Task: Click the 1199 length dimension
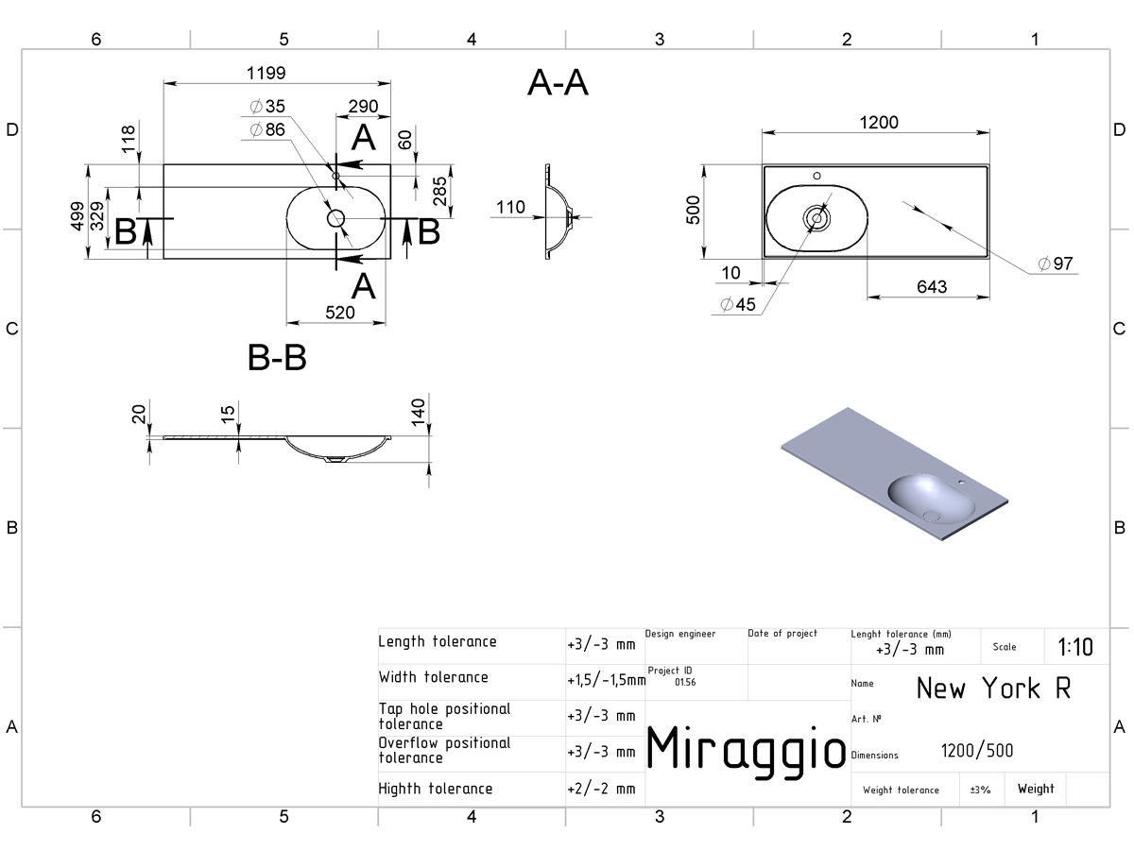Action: (x=266, y=74)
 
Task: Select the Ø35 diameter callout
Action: (x=267, y=107)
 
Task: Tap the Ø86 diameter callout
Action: (x=267, y=129)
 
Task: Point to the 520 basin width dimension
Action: (x=340, y=313)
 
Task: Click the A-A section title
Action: (x=558, y=82)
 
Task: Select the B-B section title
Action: (x=277, y=357)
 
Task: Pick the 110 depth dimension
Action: (x=510, y=208)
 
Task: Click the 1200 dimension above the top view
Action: (x=879, y=123)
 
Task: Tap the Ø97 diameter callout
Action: (x=1056, y=263)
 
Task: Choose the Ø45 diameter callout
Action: (x=738, y=304)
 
